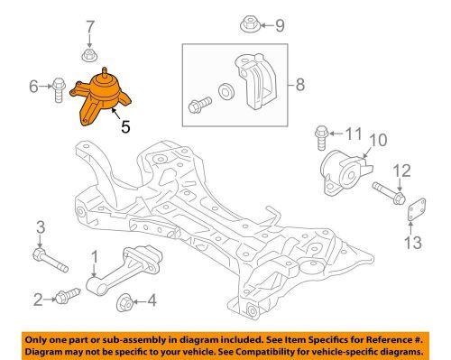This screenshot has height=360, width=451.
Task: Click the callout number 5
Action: (124, 128)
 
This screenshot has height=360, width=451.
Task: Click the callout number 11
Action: (353, 135)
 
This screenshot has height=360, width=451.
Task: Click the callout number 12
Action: (402, 170)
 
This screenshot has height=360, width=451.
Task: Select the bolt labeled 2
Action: (66, 294)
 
